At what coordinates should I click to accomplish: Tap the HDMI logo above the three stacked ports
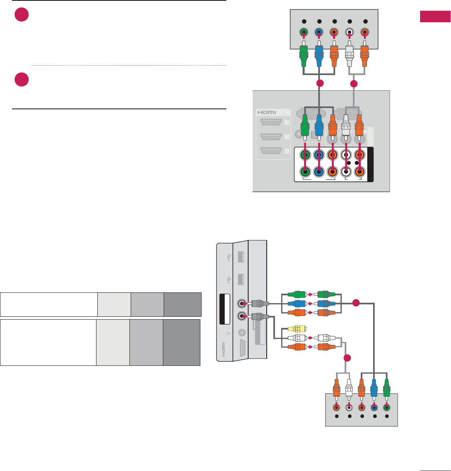tap(267, 112)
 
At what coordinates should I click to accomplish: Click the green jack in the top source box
tap(303, 32)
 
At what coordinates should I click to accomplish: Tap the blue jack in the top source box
tap(319, 32)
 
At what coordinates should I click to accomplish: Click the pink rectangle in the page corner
tap(435, 17)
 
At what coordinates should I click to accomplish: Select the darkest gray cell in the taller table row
tap(181, 342)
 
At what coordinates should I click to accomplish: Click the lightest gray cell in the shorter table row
tap(114, 304)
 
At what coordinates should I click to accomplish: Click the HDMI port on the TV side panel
tap(242, 351)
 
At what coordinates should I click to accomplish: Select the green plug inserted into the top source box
tap(303, 54)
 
